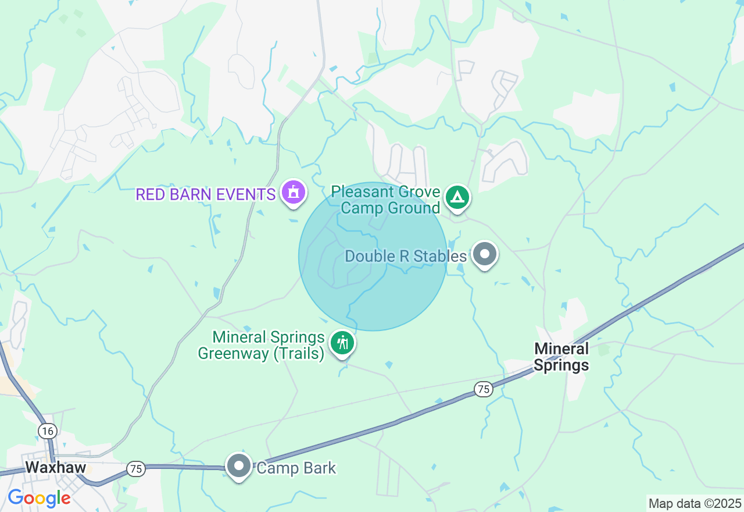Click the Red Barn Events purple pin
(x=294, y=192)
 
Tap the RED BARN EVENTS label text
(x=205, y=194)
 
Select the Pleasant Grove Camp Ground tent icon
(x=457, y=197)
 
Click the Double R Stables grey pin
(x=484, y=254)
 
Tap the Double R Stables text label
(x=406, y=256)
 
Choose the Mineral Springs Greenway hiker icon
(x=343, y=343)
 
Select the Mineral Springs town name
(x=561, y=357)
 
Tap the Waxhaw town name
(x=55, y=467)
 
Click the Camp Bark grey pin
(x=238, y=466)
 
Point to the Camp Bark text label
(x=296, y=468)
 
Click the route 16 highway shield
(x=48, y=431)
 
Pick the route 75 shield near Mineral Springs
(x=483, y=389)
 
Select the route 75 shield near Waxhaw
(x=136, y=469)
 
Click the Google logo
(x=39, y=498)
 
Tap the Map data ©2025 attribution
(x=695, y=503)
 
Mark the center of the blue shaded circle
(x=373, y=257)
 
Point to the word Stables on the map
(x=445, y=256)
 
